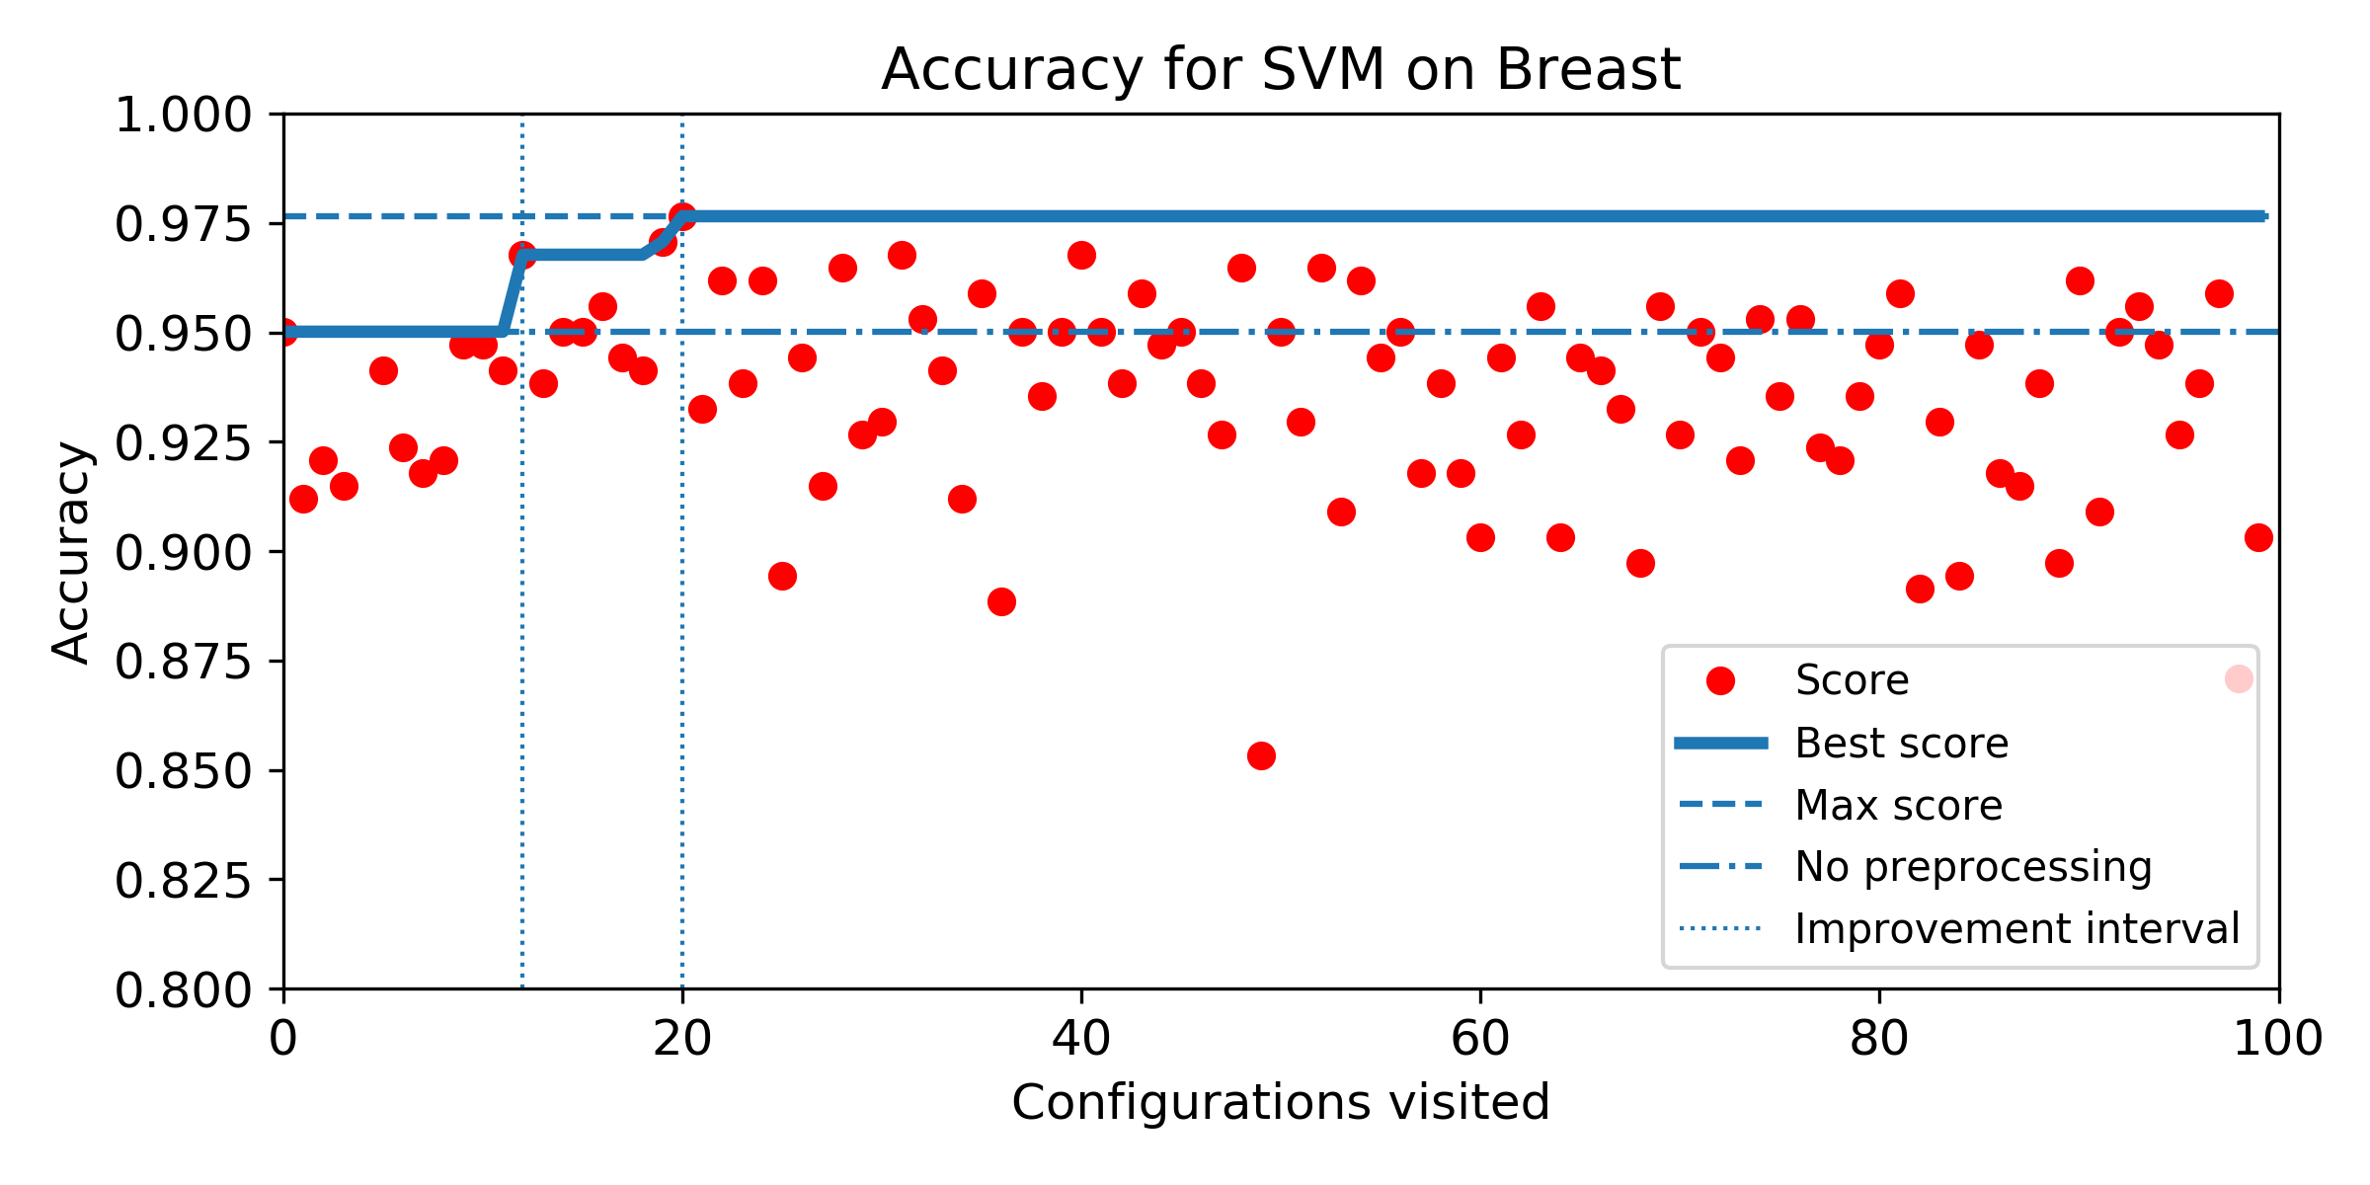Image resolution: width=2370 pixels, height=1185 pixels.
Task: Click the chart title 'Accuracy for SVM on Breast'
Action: point(1281,69)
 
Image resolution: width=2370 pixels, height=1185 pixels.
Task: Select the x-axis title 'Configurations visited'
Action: point(1281,1102)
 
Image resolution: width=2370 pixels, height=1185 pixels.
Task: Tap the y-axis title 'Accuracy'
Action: point(71,551)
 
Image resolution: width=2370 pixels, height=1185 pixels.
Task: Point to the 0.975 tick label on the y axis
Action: point(184,224)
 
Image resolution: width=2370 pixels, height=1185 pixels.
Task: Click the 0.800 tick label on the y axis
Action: point(184,989)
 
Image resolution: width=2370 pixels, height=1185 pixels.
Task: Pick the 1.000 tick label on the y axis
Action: point(184,115)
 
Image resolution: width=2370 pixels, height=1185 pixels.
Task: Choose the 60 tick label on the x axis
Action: point(1480,1039)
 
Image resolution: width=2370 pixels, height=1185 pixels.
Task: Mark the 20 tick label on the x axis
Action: point(682,1039)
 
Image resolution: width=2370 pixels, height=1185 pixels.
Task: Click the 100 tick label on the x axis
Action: point(2278,1039)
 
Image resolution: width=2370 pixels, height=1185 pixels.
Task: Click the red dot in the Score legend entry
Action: point(1720,680)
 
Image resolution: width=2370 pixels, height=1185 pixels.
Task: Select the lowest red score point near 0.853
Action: point(1261,756)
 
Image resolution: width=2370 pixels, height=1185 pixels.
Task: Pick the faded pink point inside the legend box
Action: point(2239,679)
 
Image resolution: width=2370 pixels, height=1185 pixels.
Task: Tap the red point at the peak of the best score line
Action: point(682,216)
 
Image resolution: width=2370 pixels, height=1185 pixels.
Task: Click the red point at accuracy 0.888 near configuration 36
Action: point(1001,601)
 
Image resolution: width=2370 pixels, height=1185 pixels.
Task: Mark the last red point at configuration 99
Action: point(2258,537)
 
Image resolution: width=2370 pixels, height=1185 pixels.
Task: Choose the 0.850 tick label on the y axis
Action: point(184,770)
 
